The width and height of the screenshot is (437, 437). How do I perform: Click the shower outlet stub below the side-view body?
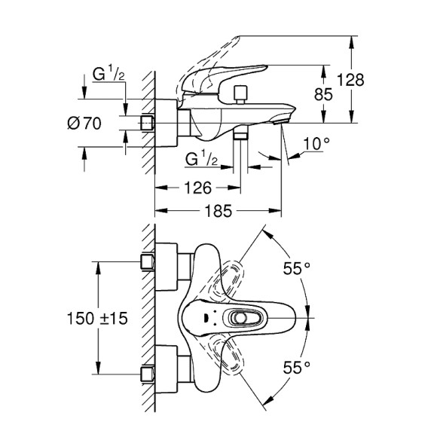click(241, 134)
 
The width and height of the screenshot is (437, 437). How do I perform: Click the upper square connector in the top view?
click(148, 262)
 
